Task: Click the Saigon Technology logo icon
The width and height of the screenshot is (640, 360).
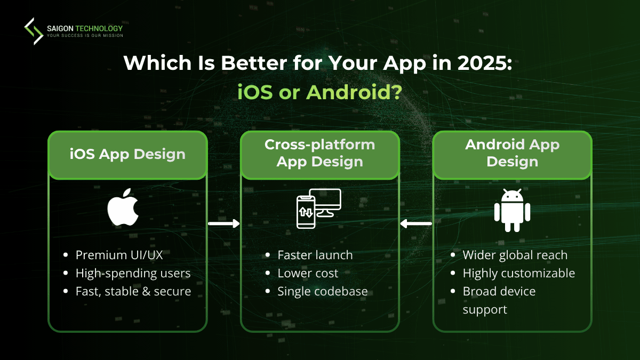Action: [34, 31]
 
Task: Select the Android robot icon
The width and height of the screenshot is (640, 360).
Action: [512, 210]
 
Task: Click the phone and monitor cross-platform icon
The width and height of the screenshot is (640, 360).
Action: [318, 209]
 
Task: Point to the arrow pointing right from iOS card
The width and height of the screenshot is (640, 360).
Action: [223, 224]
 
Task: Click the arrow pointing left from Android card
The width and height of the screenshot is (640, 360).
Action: [416, 224]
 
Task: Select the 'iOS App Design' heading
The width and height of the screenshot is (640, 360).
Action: [127, 155]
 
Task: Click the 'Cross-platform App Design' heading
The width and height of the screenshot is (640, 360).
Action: [319, 153]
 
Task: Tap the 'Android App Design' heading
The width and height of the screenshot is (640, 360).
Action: [512, 153]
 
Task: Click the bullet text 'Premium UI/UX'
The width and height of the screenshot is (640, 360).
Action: [119, 255]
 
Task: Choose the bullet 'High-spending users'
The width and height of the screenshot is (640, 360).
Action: [133, 273]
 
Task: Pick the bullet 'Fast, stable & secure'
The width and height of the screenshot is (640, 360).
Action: [133, 291]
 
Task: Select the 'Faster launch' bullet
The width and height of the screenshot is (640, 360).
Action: [315, 255]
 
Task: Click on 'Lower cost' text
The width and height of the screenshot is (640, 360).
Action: [308, 273]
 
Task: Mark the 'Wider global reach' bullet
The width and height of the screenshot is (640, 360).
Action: [515, 255]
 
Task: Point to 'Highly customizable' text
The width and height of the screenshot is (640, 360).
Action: [518, 273]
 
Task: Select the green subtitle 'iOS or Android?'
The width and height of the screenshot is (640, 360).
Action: [319, 92]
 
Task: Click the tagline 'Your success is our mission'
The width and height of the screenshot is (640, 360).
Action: [85, 36]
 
